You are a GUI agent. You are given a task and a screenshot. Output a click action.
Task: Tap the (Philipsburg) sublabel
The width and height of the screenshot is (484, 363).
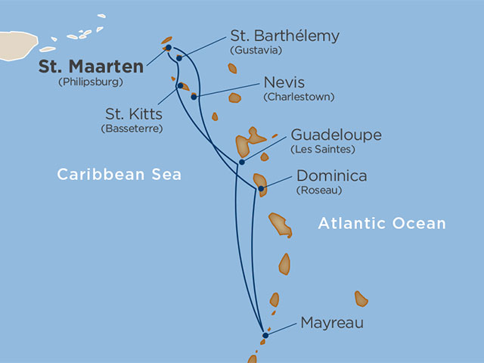90,82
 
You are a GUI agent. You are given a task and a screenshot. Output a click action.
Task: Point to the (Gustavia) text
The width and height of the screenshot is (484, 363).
256,51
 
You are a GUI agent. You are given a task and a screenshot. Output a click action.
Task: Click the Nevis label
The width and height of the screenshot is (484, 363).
285,82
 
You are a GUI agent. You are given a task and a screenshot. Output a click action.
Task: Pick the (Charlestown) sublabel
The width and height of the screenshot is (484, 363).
299,98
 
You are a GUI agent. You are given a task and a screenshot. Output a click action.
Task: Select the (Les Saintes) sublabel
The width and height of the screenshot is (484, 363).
323,150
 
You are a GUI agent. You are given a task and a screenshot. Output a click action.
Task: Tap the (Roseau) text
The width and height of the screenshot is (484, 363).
319,191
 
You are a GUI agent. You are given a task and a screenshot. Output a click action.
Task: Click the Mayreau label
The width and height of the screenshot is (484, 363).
332,323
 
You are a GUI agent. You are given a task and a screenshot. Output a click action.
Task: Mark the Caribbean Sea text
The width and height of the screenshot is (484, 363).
119,175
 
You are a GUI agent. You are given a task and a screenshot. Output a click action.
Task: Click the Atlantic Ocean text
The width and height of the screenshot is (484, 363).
382,224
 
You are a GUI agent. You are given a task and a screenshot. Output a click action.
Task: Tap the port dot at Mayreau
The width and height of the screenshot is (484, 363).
265,335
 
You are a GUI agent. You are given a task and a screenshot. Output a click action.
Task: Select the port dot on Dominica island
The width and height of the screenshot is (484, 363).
260,189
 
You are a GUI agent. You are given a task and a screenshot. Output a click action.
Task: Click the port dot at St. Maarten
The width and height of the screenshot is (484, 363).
168,48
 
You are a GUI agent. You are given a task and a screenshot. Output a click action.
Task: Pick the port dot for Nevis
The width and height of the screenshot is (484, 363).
194,97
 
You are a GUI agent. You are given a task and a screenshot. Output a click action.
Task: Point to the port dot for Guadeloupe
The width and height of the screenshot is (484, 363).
241,162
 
